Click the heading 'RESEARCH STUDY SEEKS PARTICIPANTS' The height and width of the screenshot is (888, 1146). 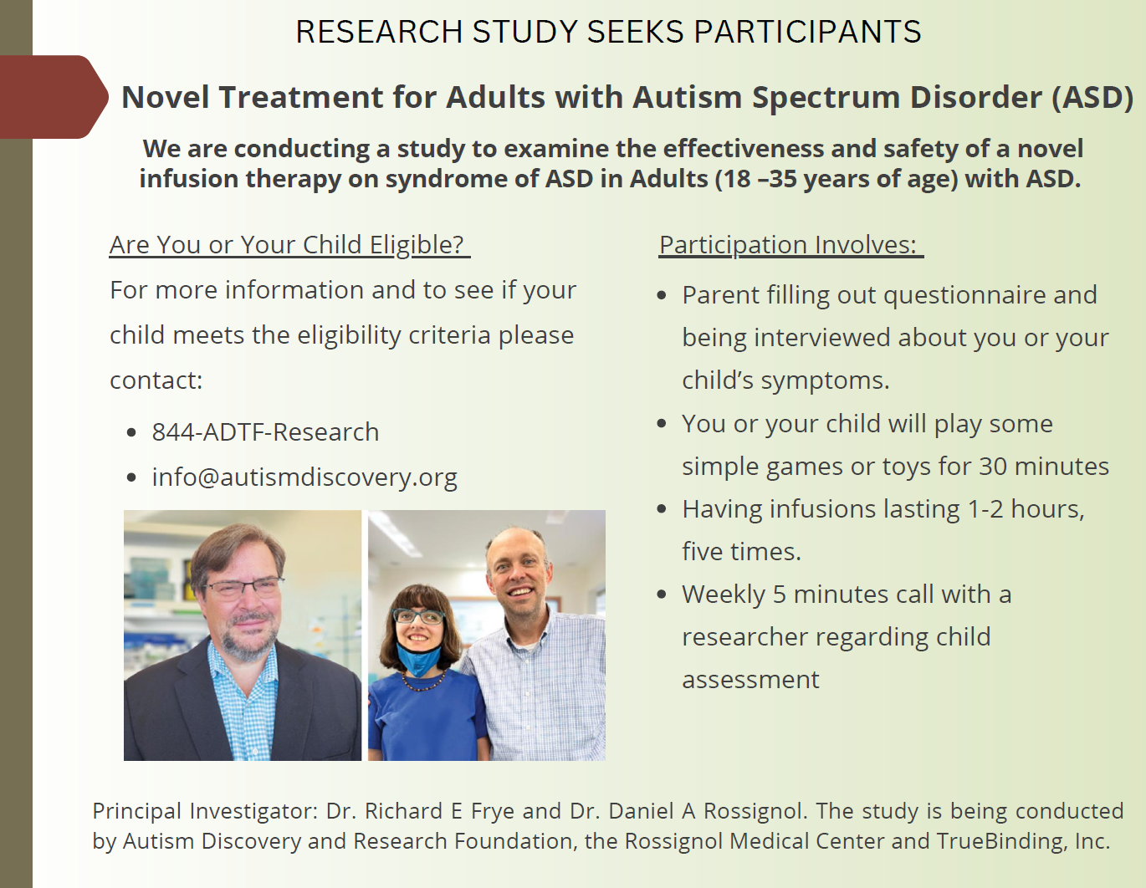(608, 32)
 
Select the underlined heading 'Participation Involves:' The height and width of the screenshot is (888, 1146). (790, 245)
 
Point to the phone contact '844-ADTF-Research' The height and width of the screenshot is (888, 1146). (265, 432)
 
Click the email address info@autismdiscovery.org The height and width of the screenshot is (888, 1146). (304, 477)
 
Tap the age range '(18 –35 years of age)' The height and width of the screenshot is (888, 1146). (836, 179)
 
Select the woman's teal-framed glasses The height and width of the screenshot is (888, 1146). (419, 617)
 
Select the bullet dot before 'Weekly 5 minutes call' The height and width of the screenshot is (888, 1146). (662, 595)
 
